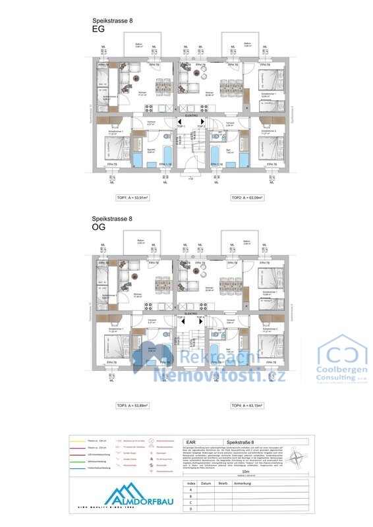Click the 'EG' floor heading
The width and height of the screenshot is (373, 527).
(x=98, y=30)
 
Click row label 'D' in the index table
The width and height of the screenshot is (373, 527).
(x=191, y=509)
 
